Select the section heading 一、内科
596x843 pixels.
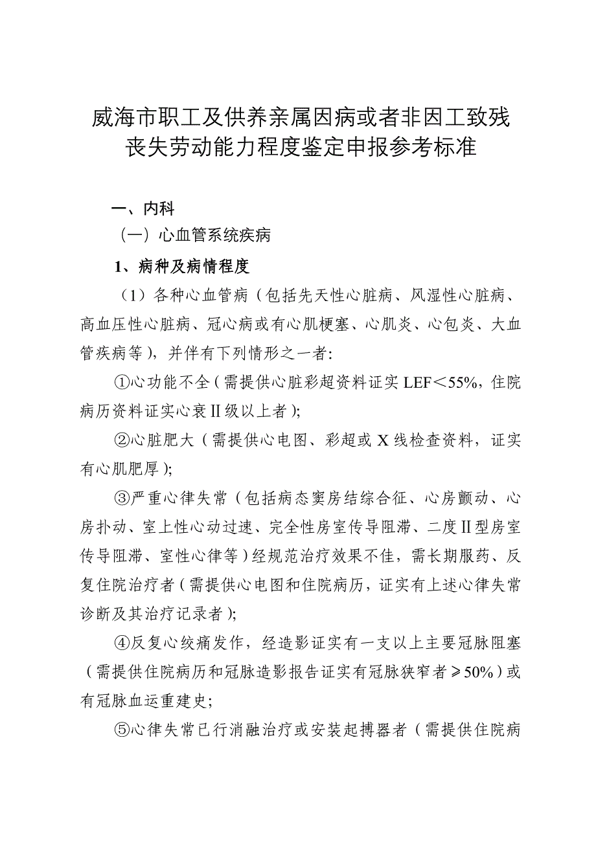pos(143,208)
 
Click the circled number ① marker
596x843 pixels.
pos(122,382)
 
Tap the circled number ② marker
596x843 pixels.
pos(122,441)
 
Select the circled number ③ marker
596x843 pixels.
pos(122,499)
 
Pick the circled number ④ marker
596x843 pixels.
pos(122,643)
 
